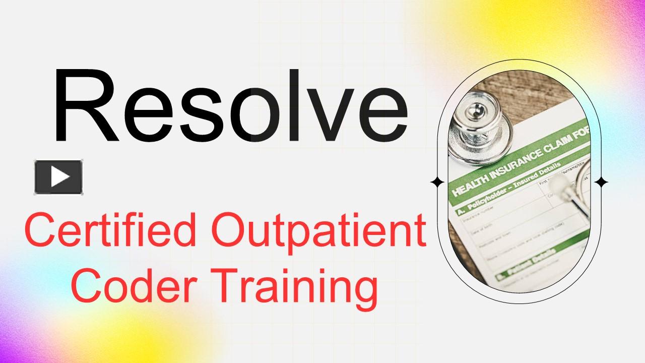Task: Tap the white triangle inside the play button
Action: click(x=59, y=177)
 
